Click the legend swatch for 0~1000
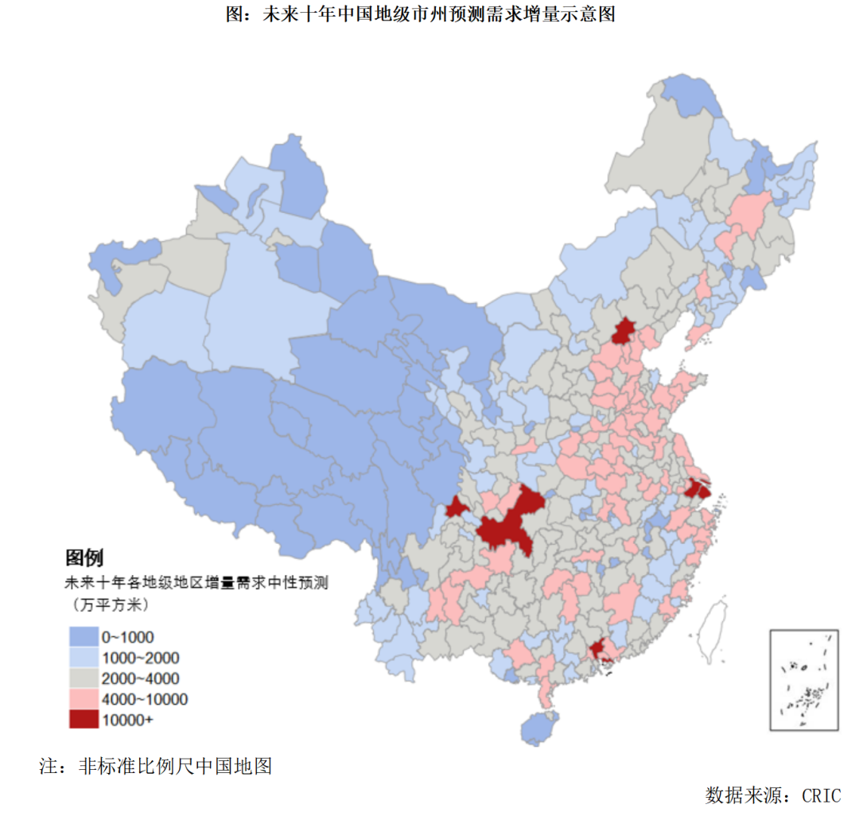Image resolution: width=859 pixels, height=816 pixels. point(83,636)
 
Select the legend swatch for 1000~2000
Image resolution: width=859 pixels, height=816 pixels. point(83,657)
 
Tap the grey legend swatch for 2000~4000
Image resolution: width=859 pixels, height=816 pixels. point(83,678)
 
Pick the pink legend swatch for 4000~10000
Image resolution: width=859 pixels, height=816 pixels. point(83,698)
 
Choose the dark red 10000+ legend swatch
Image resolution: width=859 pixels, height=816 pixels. point(83,719)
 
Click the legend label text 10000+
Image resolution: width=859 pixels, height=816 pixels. point(126,720)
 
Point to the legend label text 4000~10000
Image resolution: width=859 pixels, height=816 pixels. point(143,699)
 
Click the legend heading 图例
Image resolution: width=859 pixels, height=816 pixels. point(84,557)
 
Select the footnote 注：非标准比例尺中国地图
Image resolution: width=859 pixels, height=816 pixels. point(156,766)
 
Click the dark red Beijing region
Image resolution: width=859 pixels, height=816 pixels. point(624,330)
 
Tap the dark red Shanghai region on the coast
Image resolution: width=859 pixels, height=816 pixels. point(697,488)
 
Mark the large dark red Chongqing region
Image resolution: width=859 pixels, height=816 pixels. point(509,521)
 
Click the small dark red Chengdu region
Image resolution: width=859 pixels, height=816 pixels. point(457,507)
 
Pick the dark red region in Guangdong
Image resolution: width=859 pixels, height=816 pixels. point(598,651)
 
